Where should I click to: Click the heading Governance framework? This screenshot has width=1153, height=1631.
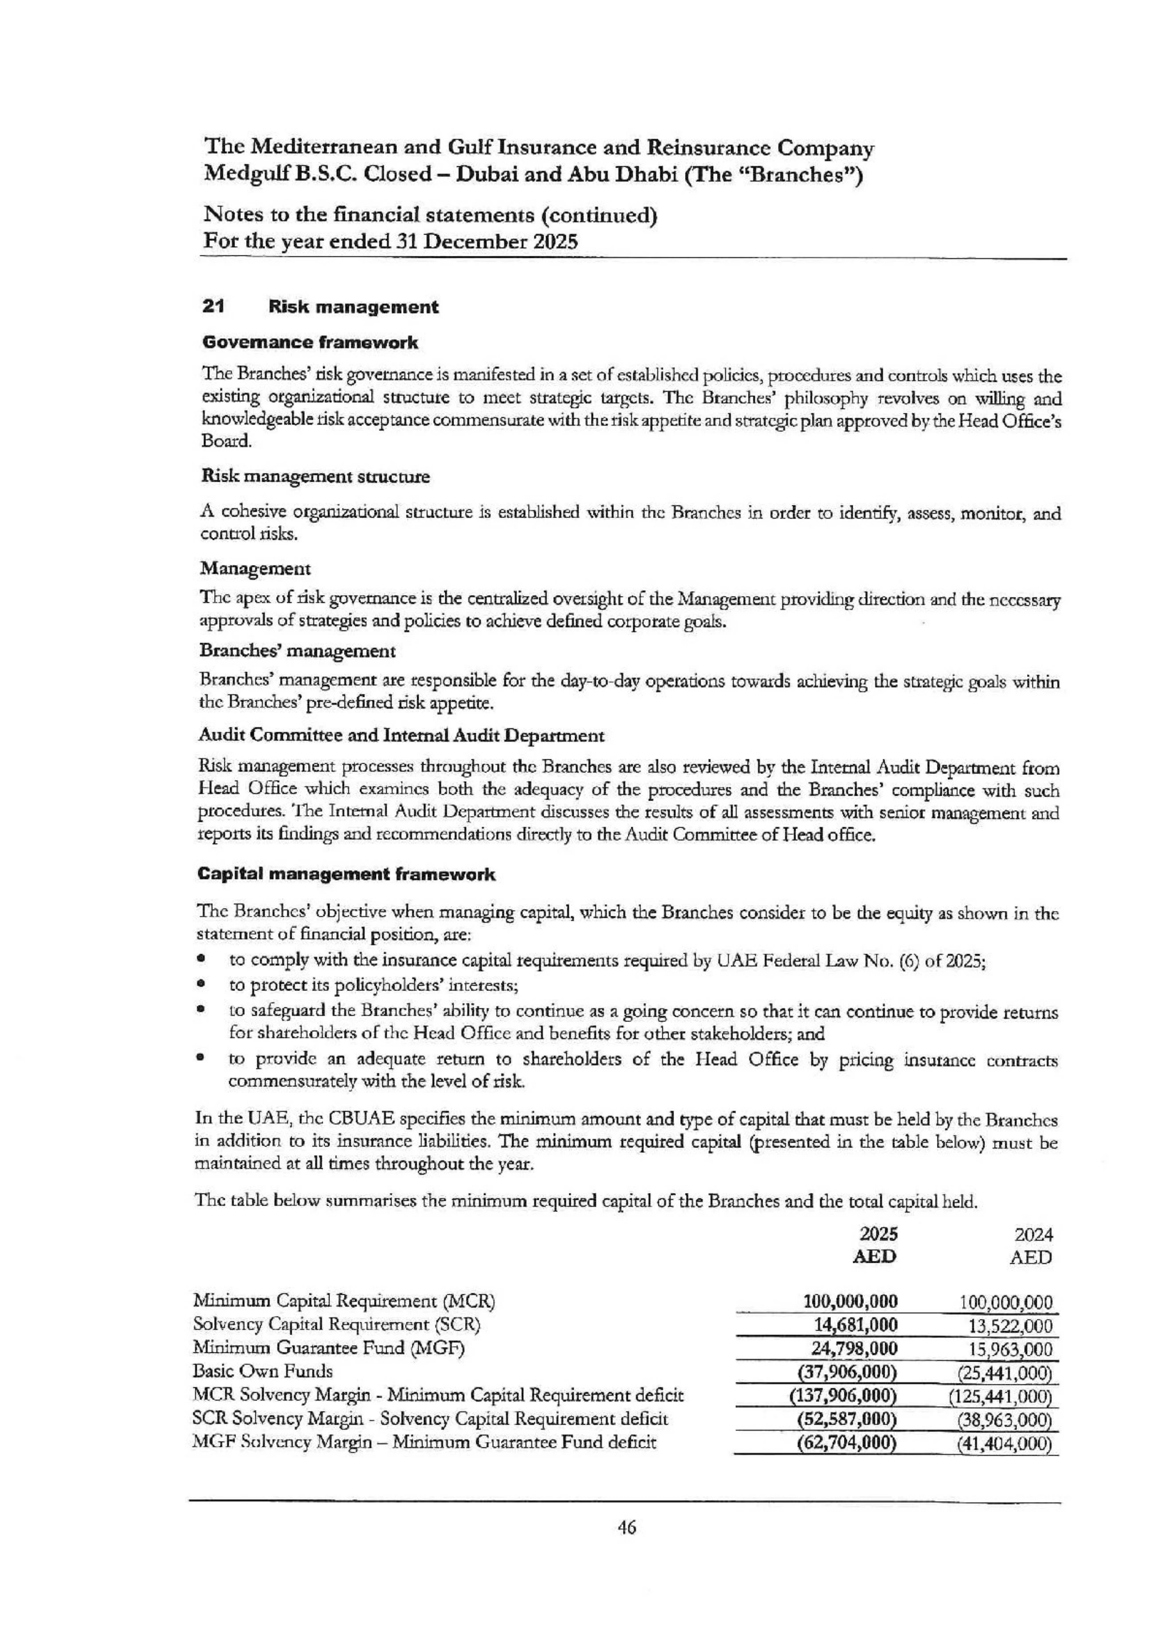pos(310,342)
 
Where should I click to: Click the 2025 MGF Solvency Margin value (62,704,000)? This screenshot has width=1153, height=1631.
pos(847,1443)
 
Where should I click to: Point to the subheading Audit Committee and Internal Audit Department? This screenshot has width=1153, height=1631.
pos(402,736)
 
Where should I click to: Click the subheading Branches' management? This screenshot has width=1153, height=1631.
pos(298,651)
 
